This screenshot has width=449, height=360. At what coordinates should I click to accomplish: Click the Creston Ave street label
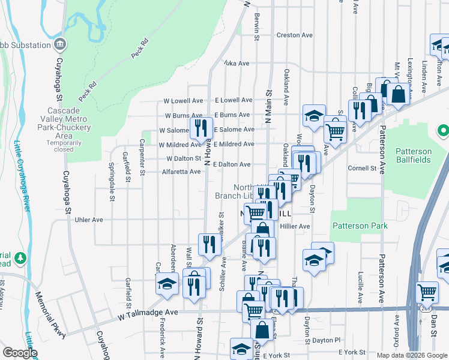pos(294,35)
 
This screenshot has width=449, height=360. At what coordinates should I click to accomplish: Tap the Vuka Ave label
pos(236,63)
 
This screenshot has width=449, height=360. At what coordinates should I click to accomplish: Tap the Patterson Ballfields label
pos(414,155)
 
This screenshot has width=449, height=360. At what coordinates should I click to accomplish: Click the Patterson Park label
pos(360,226)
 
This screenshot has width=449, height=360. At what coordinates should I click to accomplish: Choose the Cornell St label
pos(361,169)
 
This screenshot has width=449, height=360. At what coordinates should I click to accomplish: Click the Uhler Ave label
pos(88,220)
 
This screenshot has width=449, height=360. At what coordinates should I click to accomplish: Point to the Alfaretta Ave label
pos(173,172)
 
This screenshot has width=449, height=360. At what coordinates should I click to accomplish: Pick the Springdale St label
pos(112,173)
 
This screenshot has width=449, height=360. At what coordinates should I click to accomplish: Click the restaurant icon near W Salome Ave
pos(201,127)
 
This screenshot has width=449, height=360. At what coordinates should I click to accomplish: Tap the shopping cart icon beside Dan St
pos(426,292)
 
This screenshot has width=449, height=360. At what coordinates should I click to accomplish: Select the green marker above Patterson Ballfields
pos(443,130)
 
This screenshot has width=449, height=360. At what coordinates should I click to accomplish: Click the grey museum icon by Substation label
pos(60,44)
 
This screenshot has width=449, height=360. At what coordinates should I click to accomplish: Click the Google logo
pos(20,353)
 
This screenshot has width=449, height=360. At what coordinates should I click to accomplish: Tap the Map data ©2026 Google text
pos(411,355)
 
